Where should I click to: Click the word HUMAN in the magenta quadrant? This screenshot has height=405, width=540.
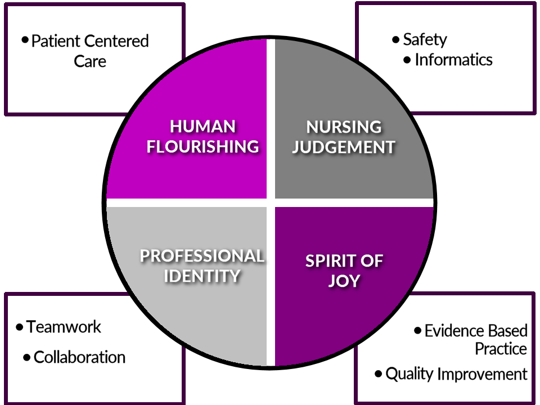pos(202,127)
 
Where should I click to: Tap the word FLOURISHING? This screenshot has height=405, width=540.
pos(203,146)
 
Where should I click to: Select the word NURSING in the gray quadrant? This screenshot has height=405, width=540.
pos(344,127)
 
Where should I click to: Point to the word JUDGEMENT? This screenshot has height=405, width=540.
pos(344,147)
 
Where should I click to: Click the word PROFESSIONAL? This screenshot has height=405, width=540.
pos(202,256)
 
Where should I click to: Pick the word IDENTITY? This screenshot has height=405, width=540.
pos(202,276)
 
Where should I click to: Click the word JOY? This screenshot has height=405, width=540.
pos(344,281)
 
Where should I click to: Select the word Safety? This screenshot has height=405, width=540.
pos(425,40)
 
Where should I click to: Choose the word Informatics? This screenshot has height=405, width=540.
pos(453,60)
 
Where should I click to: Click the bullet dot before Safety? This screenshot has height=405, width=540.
pos(395,39)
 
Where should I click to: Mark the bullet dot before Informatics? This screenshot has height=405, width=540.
pos(407,60)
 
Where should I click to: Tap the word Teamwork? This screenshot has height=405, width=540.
pos(64,327)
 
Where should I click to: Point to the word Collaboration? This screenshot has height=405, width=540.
pos(79,357)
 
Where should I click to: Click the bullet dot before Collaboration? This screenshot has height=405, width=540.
pos(26,358)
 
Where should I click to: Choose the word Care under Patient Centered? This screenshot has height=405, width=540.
pos(90,61)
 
